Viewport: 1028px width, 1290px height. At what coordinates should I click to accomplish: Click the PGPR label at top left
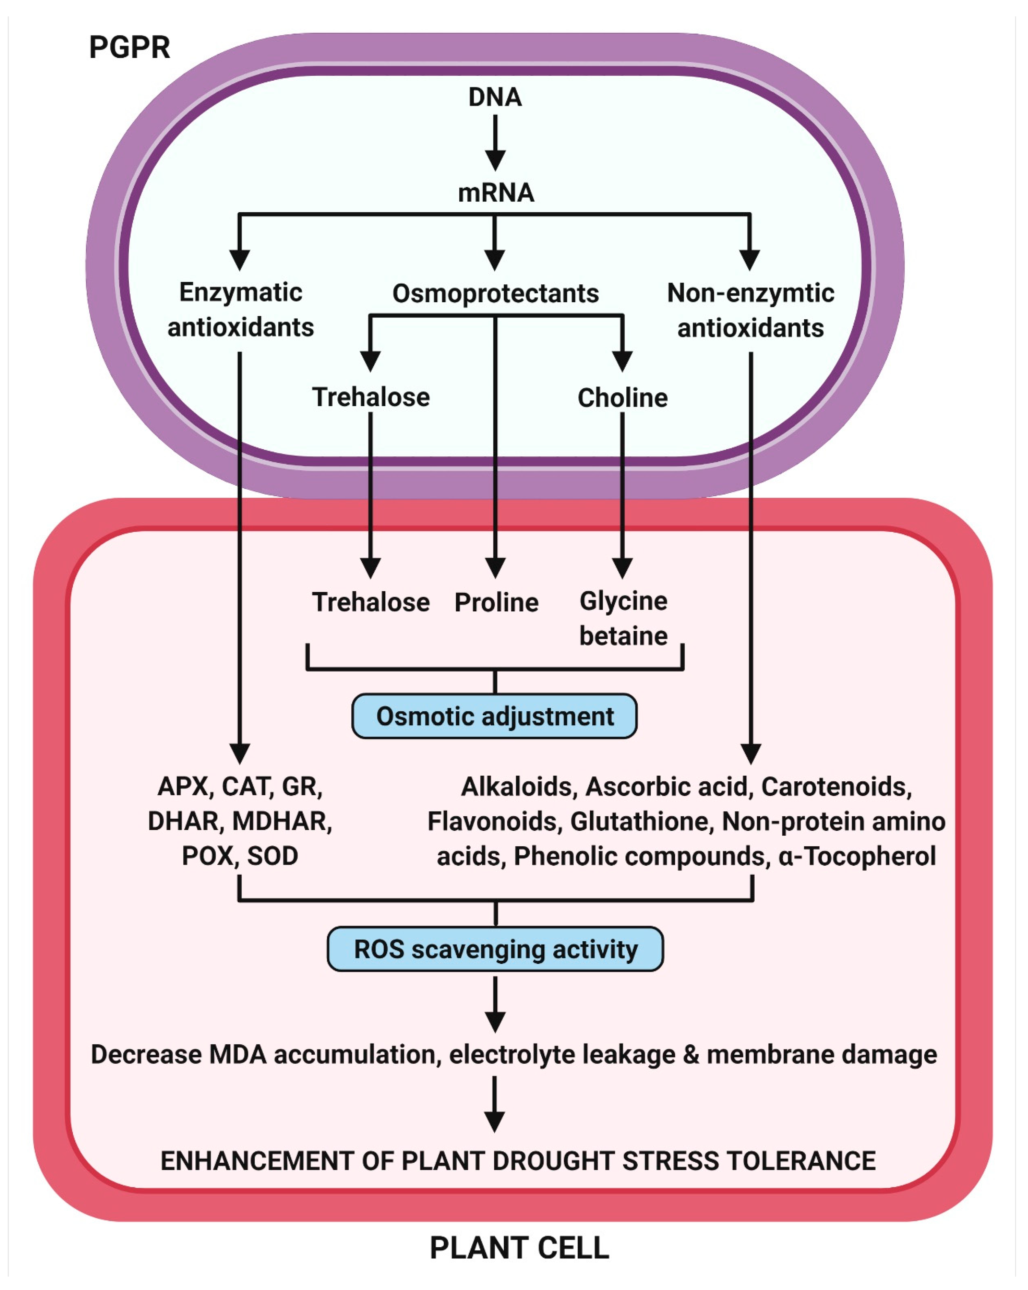tap(129, 47)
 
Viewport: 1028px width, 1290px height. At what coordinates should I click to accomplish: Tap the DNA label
tap(495, 97)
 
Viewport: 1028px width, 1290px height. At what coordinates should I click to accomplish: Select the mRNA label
tap(496, 193)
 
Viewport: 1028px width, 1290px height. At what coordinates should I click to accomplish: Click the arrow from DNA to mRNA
tap(495, 142)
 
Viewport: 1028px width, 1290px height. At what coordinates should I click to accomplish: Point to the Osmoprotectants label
tap(496, 293)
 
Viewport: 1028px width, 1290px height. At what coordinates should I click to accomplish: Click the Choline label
tap(622, 398)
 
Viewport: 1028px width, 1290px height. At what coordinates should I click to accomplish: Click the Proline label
tap(496, 602)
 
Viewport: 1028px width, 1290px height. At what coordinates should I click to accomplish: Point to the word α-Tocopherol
tap(857, 856)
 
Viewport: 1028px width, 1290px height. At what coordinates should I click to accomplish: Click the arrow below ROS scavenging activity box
tap(495, 1005)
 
